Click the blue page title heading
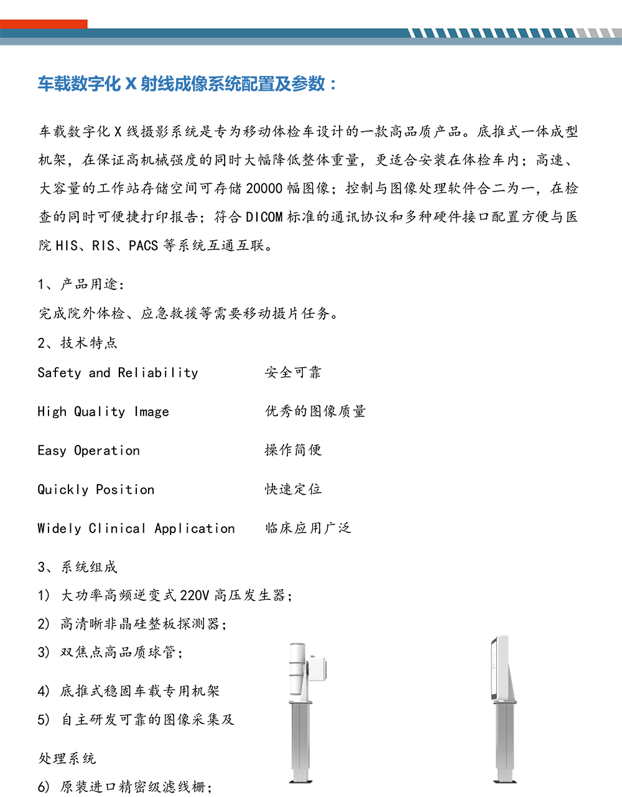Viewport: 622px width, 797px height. click(187, 84)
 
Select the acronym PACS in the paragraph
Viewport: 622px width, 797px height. click(143, 246)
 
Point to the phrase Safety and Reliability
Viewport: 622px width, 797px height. click(118, 373)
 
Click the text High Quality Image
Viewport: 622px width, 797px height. click(103, 412)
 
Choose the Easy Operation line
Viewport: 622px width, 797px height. click(89, 450)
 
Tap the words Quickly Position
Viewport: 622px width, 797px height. click(96, 490)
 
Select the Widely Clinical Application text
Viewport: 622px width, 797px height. click(136, 528)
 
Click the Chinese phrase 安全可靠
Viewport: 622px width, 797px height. click(293, 373)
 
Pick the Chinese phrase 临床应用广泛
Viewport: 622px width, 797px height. click(308, 528)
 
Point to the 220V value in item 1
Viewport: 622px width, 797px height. click(195, 595)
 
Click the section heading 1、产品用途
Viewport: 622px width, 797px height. click(81, 284)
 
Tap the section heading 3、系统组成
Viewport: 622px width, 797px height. click(77, 567)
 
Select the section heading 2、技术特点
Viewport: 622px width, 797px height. click(77, 343)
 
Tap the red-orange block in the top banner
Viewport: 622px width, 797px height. click(44, 24)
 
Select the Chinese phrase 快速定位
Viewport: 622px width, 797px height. click(293, 490)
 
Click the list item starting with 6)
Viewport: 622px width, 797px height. click(125, 787)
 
